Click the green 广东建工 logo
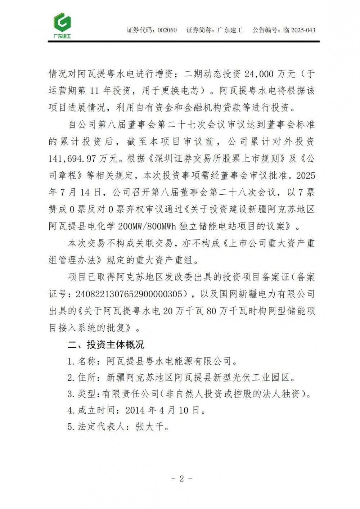click(62, 25)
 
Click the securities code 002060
click(167, 30)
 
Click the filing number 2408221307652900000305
click(129, 294)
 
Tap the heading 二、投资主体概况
click(106, 344)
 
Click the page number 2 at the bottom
click(181, 478)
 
